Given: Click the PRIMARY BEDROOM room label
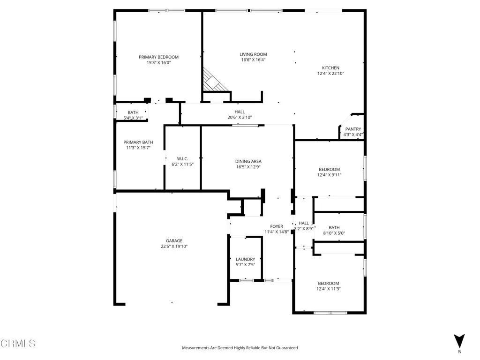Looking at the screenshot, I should coord(158,57).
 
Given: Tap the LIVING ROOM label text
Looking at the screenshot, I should coord(253,54).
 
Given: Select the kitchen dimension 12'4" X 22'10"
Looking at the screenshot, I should coord(330,73).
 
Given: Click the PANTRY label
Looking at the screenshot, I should coord(352,129).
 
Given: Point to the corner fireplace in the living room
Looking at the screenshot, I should coord(213,81).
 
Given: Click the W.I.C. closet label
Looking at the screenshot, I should coord(182,159).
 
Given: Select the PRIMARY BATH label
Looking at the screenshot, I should coord(138,142).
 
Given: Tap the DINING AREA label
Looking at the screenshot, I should coord(248,161).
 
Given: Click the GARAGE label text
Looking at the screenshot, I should coord(173,241).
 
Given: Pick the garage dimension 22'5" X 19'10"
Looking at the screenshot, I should coord(173,247).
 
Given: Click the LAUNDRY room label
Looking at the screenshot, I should coord(245,259).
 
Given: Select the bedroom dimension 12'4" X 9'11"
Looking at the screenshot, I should coord(329,175).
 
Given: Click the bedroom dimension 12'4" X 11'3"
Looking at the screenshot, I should coord(329,289).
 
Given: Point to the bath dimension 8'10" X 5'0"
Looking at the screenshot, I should coord(334,233).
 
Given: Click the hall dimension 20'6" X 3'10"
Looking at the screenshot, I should coord(240,117).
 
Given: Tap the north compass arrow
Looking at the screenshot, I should coord(459,341).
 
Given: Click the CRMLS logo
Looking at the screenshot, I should coord(18,344).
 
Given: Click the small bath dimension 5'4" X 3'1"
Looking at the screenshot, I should coord(133,118).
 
